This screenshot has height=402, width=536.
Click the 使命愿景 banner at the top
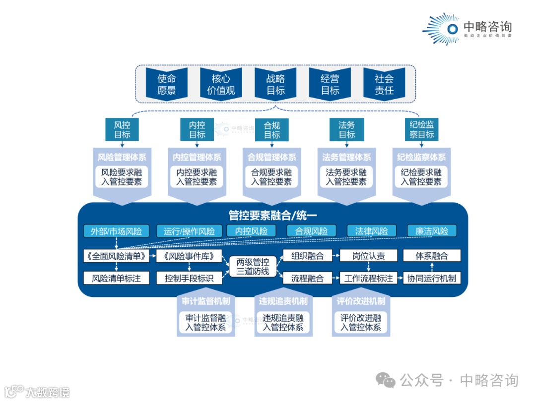167,84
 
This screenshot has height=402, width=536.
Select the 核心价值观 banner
220,84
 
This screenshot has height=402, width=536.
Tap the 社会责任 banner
384,84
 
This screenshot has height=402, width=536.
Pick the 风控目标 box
122,129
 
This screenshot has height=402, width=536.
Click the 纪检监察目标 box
422,129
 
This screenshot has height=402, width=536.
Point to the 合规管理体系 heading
272,157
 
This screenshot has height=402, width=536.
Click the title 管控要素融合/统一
272,215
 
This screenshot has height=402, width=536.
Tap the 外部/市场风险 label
116,231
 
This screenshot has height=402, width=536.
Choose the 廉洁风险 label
432,231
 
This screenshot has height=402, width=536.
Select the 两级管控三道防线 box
253,266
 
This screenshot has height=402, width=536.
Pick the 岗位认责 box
368,256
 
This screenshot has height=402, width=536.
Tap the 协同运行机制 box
432,278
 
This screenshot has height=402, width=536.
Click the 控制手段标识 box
189,278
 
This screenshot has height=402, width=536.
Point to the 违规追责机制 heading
283,301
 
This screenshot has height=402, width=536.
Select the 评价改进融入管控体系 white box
361,322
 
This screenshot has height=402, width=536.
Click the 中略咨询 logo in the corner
467,29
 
